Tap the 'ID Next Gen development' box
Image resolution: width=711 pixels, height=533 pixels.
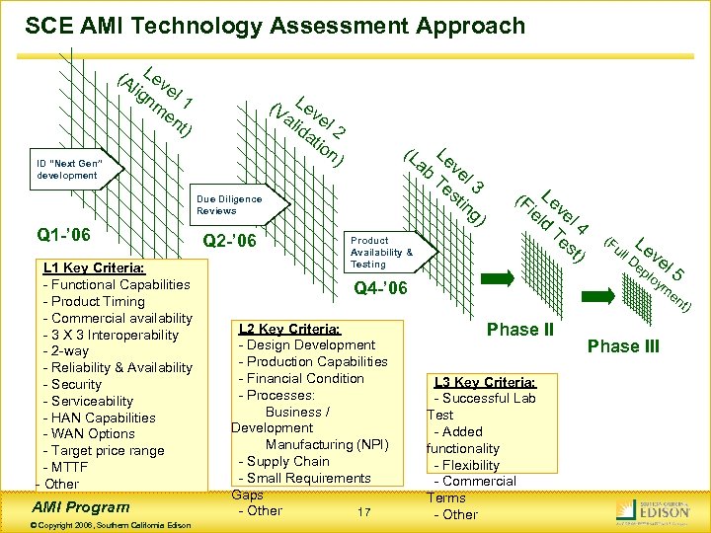coord(69,169)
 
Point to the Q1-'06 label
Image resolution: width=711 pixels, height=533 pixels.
coord(63,235)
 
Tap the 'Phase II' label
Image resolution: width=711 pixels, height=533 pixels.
coord(519,330)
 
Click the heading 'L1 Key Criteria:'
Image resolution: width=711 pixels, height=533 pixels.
coord(94,267)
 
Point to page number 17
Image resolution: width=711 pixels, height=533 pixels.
coord(364,511)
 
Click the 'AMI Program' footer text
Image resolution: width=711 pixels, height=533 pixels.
coord(82,506)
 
